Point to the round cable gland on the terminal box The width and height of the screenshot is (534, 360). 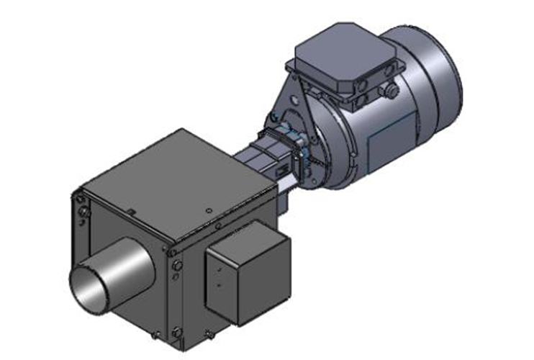(392, 92)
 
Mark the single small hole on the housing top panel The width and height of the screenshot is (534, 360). (208, 211)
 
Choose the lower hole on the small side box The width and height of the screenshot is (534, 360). (218, 285)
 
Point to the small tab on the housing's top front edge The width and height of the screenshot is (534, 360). (132, 210)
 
